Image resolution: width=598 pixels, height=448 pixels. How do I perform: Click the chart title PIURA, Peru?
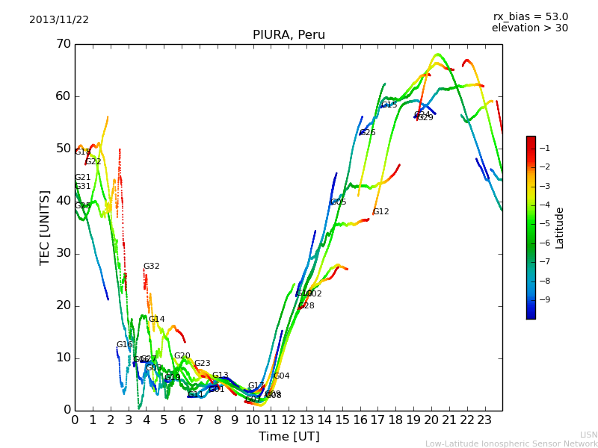coord(288,34)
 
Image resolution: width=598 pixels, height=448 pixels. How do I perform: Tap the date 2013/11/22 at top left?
coord(59,19)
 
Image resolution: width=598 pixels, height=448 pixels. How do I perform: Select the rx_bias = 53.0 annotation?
coord(530,16)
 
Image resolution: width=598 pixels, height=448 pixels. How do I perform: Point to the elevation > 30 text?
coord(529,28)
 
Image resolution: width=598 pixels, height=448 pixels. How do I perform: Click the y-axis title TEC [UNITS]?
coord(44,227)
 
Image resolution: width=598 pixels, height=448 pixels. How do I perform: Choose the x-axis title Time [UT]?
coord(289,437)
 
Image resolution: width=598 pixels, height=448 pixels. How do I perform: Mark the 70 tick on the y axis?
coord(63,44)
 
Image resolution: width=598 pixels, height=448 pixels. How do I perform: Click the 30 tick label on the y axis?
coord(63,253)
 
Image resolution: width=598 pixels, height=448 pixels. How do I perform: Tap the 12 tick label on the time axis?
coord(289,420)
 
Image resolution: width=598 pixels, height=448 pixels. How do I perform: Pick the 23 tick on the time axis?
coord(484,420)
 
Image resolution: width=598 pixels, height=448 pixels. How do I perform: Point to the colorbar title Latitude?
coord(560,228)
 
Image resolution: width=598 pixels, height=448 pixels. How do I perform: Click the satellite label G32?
coord(152,267)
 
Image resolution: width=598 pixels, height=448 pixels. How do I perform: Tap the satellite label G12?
coord(380,212)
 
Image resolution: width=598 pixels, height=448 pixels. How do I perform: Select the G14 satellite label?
coord(156,320)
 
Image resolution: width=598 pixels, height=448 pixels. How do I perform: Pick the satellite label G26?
coord(367,133)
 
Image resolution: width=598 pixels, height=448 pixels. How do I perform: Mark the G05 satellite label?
coord(338,202)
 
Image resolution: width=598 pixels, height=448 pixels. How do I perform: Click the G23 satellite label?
coord(202,364)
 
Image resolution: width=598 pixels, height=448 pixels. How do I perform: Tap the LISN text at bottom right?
coord(588,435)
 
